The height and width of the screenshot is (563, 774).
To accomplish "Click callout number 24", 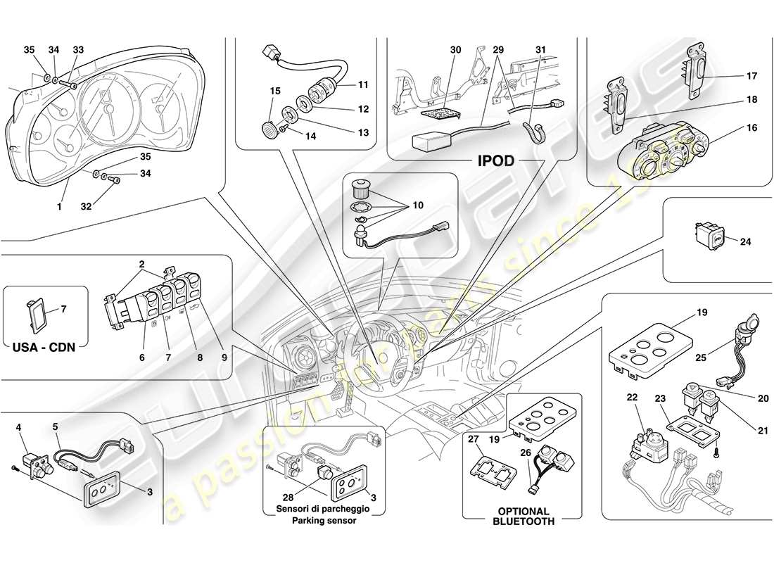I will point(746,241).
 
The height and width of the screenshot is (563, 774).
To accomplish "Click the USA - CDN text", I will point(44,346).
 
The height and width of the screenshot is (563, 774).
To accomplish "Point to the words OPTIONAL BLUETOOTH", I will point(523,517).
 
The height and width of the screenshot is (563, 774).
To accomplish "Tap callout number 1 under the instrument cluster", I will point(60,207).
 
